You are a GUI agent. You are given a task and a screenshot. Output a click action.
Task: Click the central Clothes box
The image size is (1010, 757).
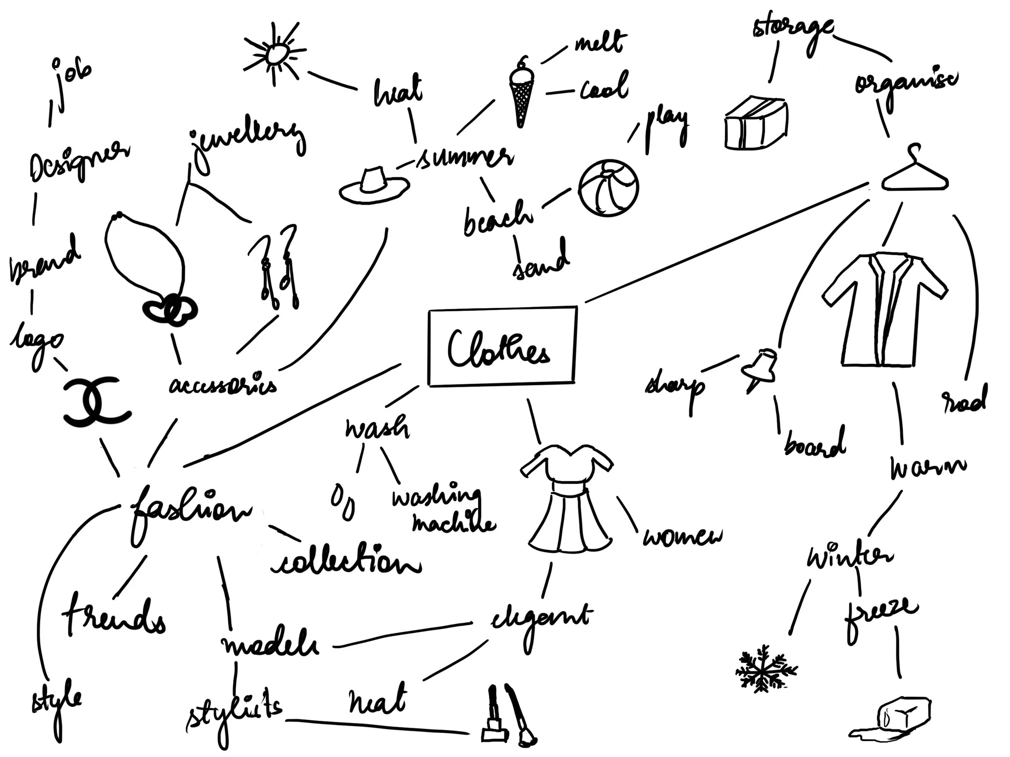pyautogui.click(x=502, y=347)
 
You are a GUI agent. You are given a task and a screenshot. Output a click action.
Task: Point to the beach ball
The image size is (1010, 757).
pyautogui.click(x=609, y=188)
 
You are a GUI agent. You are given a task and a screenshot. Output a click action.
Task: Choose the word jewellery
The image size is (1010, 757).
pyautogui.click(x=246, y=141)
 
